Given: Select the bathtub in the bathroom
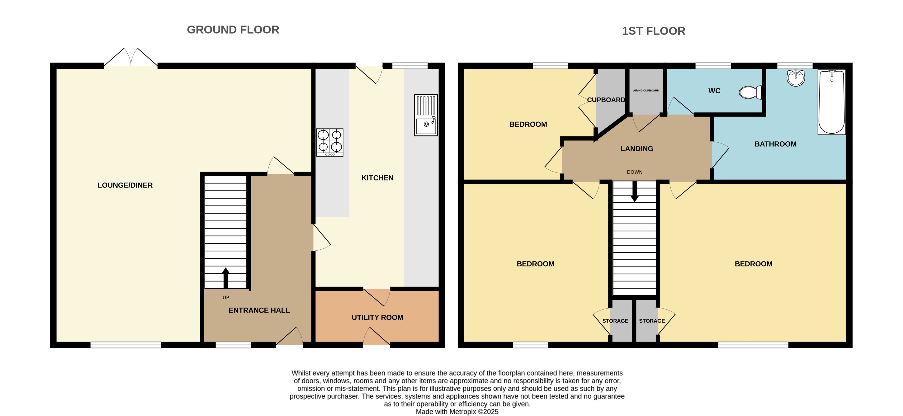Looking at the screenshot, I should coord(832,102).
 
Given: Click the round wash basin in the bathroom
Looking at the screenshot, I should coord(796,77).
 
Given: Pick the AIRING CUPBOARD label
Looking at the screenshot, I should coord(646,91).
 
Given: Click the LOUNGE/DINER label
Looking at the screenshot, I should coord(125,185).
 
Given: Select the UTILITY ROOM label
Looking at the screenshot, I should coord(377,317).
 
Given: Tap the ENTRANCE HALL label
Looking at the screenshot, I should coord(259,310).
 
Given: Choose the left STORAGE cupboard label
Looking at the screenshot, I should coord(615,321).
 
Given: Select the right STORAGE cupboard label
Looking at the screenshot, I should coord(652,321).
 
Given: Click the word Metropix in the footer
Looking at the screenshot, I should coord(463,412).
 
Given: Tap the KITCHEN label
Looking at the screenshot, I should coord(377,178).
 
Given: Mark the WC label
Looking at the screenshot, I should coord(714,91).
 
